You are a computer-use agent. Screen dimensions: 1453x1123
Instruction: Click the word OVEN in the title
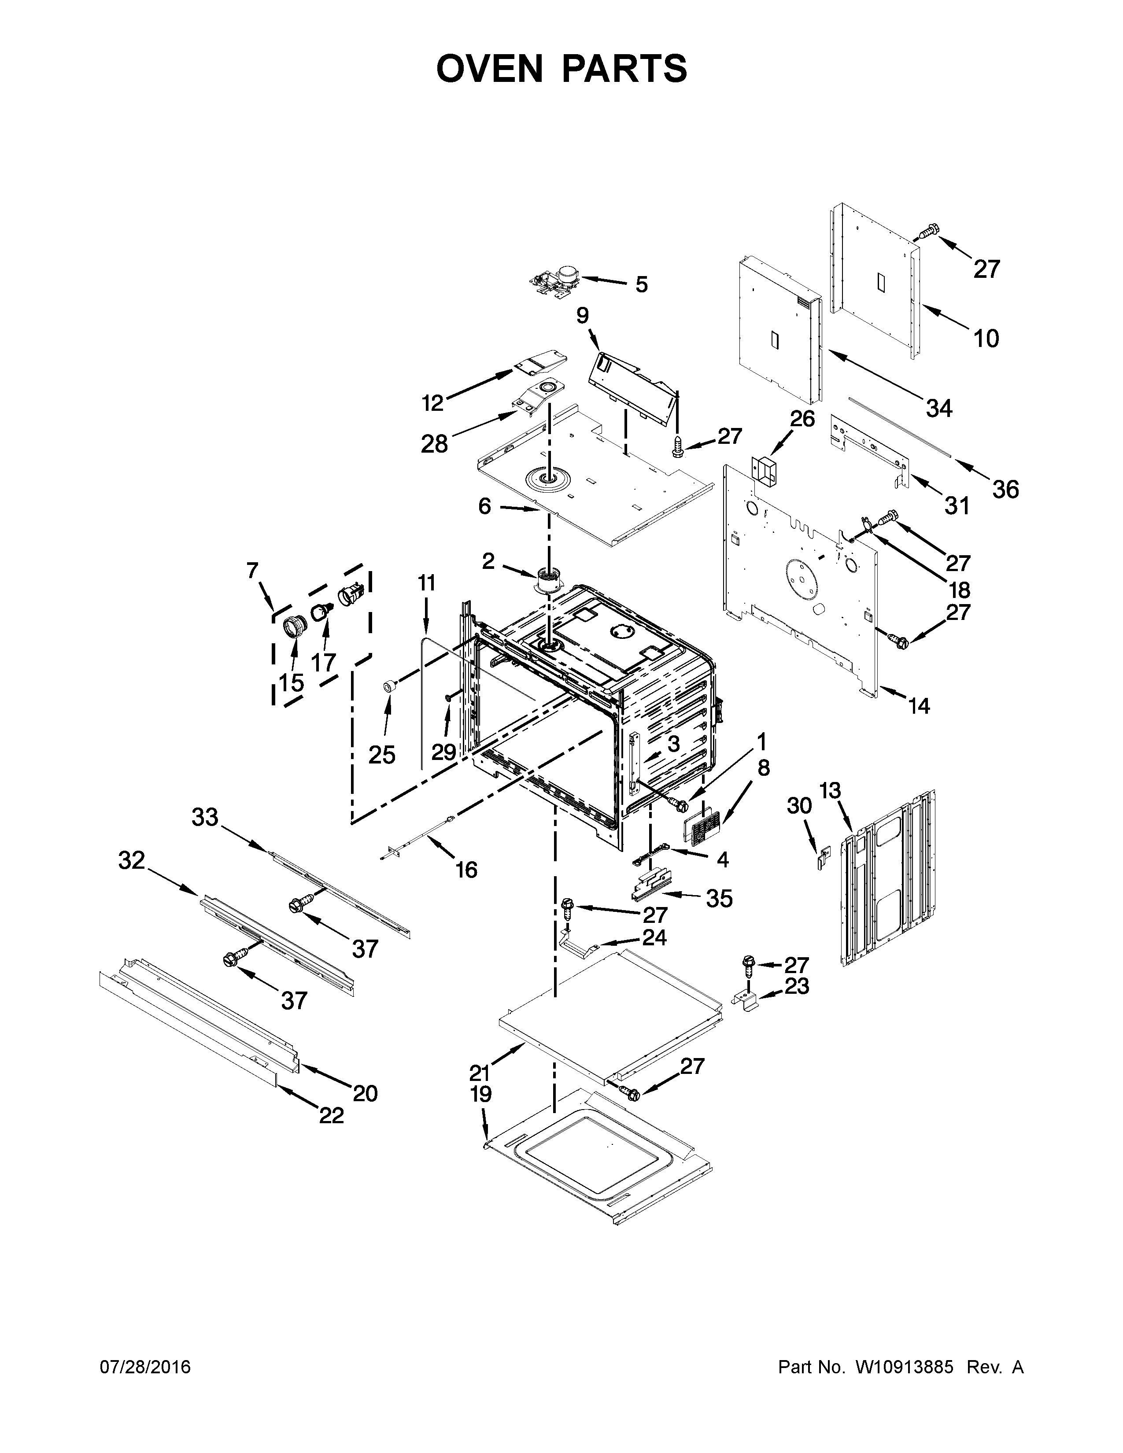pos(489,69)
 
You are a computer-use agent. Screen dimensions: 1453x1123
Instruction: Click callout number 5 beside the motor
pos(641,285)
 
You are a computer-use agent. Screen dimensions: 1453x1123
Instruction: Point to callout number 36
pos(1005,490)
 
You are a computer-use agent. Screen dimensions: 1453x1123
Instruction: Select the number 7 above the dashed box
pos(252,570)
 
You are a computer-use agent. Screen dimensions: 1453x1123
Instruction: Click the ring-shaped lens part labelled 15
pos(293,627)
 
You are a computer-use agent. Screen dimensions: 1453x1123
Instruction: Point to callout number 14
pos(919,706)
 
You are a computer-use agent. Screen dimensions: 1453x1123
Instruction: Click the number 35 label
pos(719,899)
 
